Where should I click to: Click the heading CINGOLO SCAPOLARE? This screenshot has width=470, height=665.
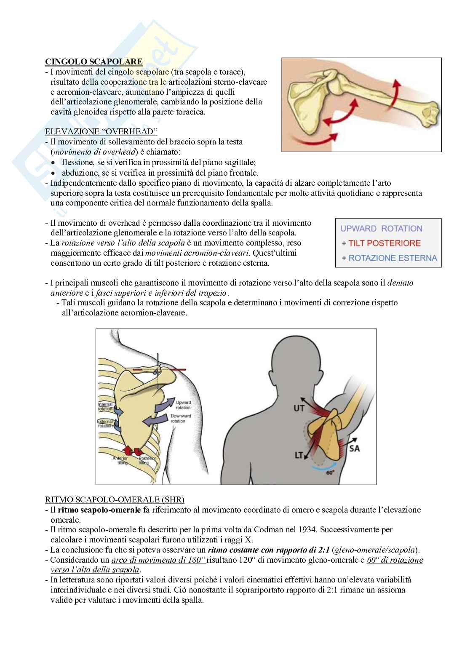93,62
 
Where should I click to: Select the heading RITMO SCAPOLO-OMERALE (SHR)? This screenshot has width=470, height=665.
115,499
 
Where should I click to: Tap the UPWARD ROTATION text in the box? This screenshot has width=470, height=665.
381,229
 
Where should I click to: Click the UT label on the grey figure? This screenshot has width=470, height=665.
299,408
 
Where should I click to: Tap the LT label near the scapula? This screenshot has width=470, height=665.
299,455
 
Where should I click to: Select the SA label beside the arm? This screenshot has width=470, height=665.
355,449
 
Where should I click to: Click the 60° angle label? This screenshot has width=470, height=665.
330,473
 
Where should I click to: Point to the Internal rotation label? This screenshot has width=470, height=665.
105,406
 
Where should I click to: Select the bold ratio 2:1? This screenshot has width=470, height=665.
323,550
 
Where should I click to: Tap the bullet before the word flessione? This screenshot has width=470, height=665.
53,163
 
